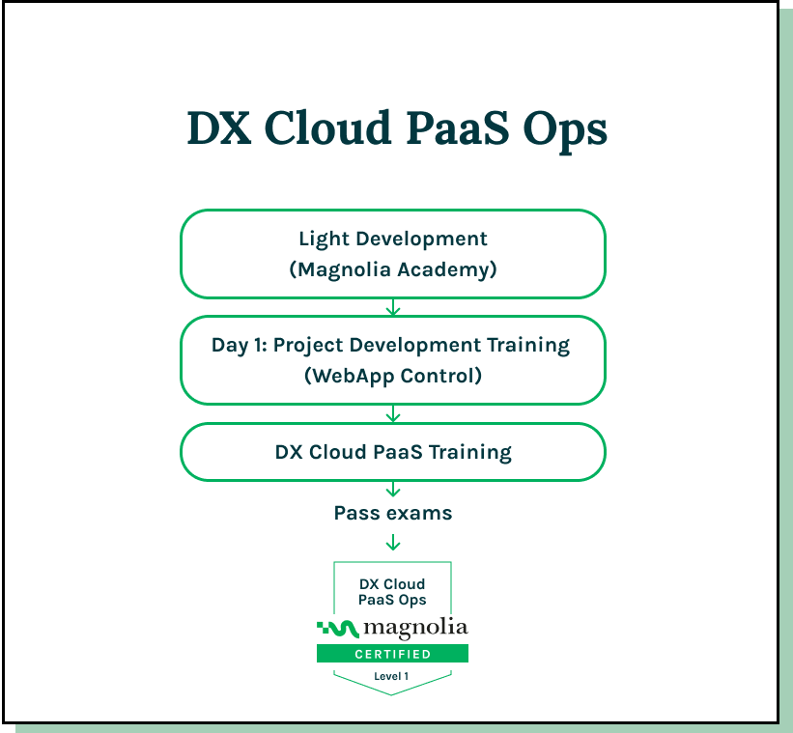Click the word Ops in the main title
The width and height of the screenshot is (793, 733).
pyautogui.click(x=564, y=131)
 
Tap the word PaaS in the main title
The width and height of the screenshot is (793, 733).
pyautogui.click(x=457, y=127)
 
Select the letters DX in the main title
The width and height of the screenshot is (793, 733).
pyautogui.click(x=219, y=127)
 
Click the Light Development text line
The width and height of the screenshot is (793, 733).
pyautogui.click(x=393, y=240)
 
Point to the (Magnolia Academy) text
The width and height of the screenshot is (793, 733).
pyautogui.click(x=393, y=269)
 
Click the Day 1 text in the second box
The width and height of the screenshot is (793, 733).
pyautogui.click(x=239, y=346)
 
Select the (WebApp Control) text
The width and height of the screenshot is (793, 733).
pyautogui.click(x=393, y=376)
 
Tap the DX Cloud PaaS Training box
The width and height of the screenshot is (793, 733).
pyautogui.click(x=393, y=452)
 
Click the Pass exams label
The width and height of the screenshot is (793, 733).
pyautogui.click(x=393, y=514)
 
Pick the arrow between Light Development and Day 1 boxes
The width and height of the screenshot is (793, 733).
pyautogui.click(x=393, y=307)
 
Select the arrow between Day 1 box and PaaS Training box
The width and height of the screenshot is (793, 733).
pyautogui.click(x=393, y=414)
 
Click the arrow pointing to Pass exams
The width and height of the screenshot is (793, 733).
pyautogui.click(x=393, y=489)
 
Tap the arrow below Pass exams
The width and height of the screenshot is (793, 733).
pyautogui.click(x=393, y=543)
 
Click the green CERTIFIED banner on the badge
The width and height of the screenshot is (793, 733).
pyautogui.click(x=392, y=654)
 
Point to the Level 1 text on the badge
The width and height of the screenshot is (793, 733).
pyautogui.click(x=391, y=676)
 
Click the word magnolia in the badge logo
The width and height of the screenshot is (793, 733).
pyautogui.click(x=415, y=629)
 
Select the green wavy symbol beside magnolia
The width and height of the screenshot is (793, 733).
pyautogui.click(x=338, y=629)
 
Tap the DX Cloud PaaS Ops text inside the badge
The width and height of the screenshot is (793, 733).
pyautogui.click(x=392, y=592)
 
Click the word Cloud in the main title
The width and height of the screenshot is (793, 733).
pyautogui.click(x=327, y=127)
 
